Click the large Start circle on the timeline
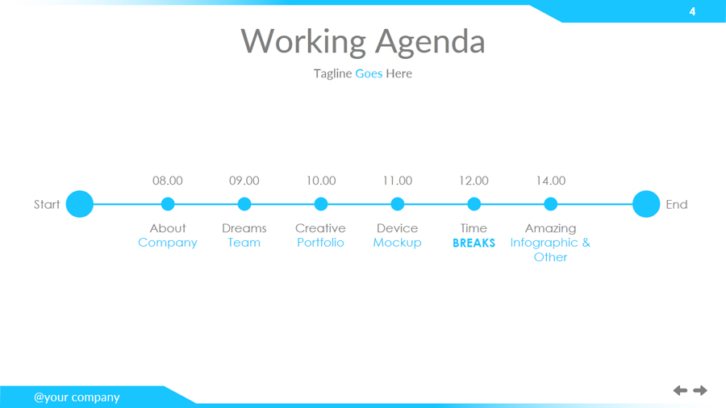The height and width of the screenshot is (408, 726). coord(80,204)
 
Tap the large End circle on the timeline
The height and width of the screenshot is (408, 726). coord(646,204)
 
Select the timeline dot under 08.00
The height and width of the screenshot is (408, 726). coord(168,204)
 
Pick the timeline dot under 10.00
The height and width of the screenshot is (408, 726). coord(321,204)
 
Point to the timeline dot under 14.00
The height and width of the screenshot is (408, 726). coord(550,204)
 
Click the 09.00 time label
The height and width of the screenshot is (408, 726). coord(244,181)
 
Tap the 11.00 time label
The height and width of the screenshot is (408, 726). coord(397,181)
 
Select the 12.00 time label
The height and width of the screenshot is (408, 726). coord(474,181)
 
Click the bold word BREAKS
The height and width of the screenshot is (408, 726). coord(474,243)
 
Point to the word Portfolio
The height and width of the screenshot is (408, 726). coord(320,243)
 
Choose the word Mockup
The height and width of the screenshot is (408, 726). coord(397,243)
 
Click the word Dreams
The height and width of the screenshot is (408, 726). coord(244,228)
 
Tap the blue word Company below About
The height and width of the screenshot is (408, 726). coord(168,244)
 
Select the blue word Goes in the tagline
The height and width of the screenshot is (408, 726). coord(369,73)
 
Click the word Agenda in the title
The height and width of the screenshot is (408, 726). coord(430,42)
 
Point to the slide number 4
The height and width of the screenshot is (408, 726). coord(692,11)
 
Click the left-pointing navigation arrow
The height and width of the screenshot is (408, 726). coord(680,390)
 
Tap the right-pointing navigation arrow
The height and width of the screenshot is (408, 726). coord(700,390)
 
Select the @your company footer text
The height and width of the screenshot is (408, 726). coord(77,398)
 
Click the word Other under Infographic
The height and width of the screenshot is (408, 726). coord(550,257)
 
